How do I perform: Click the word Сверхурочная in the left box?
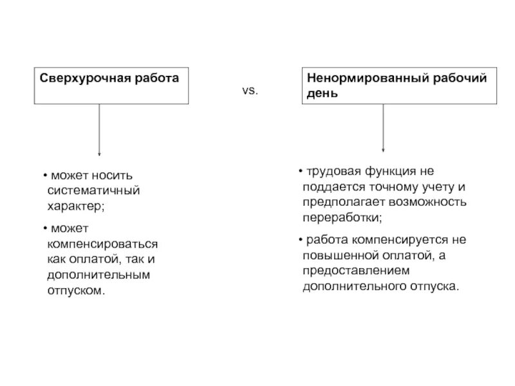pos(75,78)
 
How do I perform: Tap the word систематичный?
pos(93,191)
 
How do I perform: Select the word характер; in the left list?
pos(75,207)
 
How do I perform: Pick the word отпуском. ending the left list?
pos(75,290)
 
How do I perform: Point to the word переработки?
pos(342,217)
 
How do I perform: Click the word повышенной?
pos(334,255)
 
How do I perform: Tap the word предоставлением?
pos(356,270)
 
